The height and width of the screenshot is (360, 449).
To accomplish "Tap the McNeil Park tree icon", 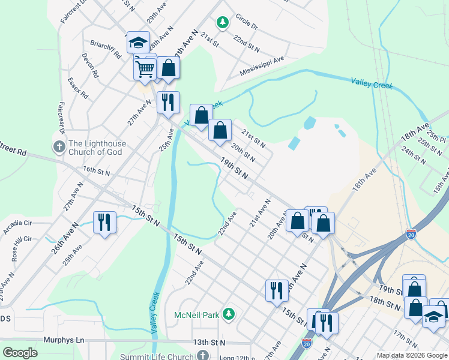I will point(228,314).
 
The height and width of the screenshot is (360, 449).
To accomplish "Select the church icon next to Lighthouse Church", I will point(59,146).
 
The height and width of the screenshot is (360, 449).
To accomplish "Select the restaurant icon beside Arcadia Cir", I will point(104,222).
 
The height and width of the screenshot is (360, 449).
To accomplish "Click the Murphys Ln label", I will point(64,340).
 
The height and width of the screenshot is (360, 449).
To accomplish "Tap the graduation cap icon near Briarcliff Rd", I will point(138,42).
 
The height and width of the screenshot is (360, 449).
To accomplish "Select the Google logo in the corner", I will point(20,353).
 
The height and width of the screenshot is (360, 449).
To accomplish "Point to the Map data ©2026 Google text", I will point(412,355).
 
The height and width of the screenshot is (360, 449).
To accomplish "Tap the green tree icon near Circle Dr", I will point(223,23).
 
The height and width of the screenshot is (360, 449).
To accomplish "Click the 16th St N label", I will point(97,172).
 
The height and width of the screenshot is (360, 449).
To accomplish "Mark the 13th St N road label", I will point(209,342).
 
